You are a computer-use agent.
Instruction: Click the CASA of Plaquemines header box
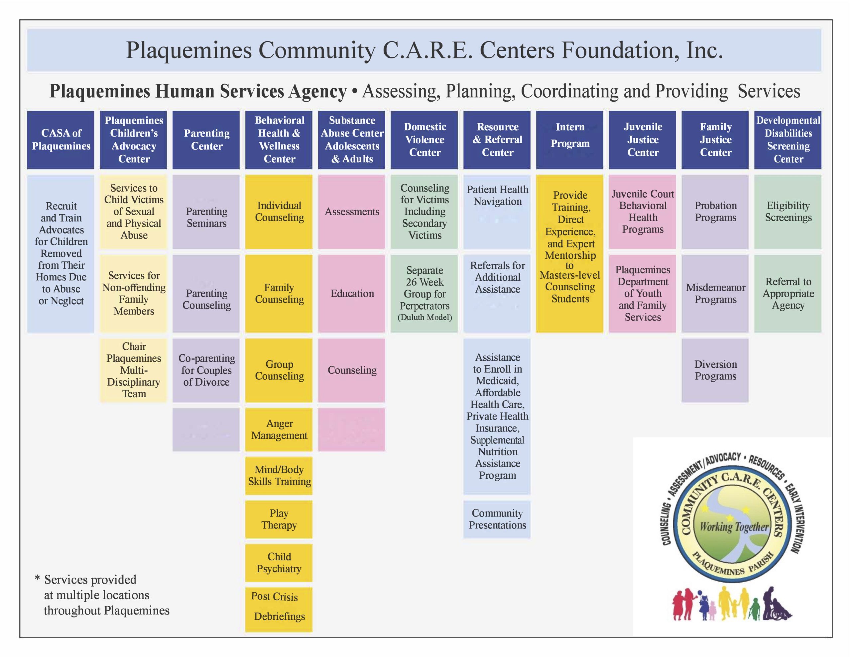(61, 140)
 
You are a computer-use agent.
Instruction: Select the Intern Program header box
(570, 140)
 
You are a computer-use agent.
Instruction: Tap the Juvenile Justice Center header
(643, 140)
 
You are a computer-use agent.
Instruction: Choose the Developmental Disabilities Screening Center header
(788, 140)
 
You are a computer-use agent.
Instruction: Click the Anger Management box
(279, 429)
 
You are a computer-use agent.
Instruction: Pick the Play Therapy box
(279, 519)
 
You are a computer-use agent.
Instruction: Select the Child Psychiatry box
(279, 563)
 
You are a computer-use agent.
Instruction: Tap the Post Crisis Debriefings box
(279, 607)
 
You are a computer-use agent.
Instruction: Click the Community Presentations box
(497, 519)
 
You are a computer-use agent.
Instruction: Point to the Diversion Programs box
(715, 370)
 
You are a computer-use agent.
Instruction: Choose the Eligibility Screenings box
(788, 212)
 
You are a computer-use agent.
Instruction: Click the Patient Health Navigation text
(498, 196)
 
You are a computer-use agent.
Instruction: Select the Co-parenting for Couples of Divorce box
(206, 370)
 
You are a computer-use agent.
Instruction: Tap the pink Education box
(352, 294)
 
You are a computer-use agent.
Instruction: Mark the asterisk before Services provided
(38, 578)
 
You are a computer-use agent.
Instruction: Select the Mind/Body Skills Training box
(279, 476)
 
